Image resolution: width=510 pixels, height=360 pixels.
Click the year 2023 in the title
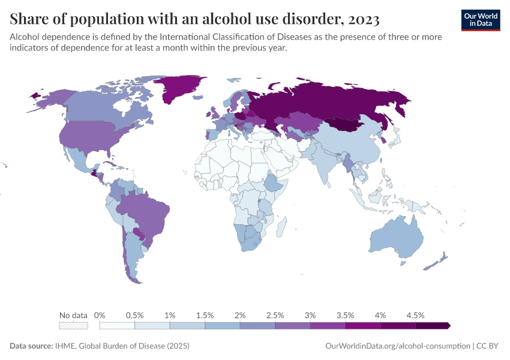point(362,19)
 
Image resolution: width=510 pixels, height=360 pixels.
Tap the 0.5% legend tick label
point(134,315)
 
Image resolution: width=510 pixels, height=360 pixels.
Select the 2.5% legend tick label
point(275,315)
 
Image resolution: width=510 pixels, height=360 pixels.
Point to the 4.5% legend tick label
point(415,315)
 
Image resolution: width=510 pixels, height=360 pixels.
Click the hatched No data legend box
point(73,326)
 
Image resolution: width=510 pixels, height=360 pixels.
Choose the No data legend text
point(73,315)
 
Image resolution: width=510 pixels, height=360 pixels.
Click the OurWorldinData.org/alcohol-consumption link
point(397,346)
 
